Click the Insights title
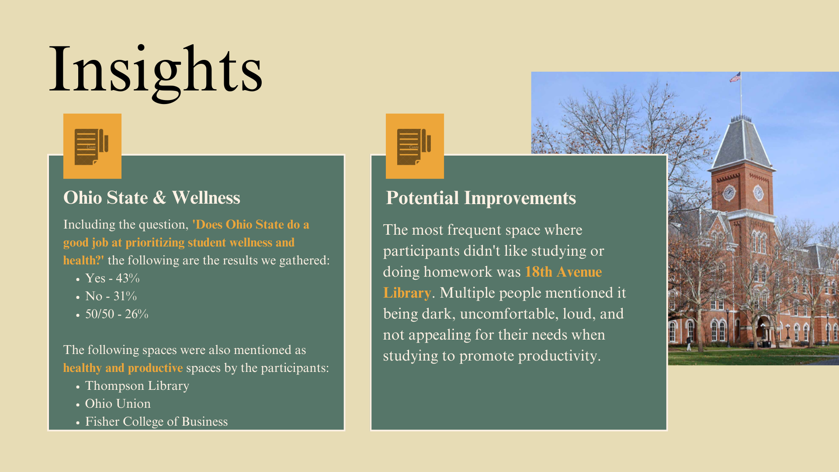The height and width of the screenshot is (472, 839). [x=156, y=70]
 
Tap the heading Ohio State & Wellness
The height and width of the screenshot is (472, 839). [x=152, y=198]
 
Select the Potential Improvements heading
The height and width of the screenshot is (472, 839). [x=481, y=198]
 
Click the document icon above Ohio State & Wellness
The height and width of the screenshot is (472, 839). [x=92, y=146]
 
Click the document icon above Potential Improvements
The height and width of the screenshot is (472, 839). [x=415, y=146]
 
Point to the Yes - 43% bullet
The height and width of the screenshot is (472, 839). [x=112, y=278]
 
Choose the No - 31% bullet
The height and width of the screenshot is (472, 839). [x=111, y=296]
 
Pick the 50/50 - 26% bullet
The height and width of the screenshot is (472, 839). [x=117, y=314]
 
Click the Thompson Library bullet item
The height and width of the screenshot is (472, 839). [x=137, y=386]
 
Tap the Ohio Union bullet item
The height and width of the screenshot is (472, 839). [x=118, y=403]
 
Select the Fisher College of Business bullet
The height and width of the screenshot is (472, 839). [x=156, y=421]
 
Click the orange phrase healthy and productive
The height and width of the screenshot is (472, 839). [x=123, y=368]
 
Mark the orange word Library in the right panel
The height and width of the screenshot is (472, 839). [x=407, y=293]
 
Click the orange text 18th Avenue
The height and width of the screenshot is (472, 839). [x=563, y=272]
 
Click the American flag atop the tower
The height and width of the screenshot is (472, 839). [x=735, y=77]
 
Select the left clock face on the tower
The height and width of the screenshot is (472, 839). [x=729, y=192]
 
